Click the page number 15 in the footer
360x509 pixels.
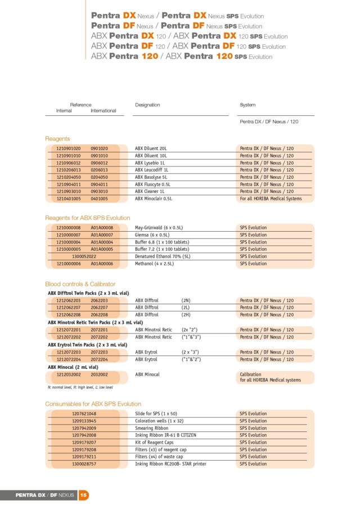[x=83, y=495]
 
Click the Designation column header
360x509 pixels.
[x=147, y=105]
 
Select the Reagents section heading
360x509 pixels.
[x=57, y=138]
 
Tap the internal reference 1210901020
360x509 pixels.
[x=68, y=148]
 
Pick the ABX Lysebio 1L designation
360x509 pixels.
[x=151, y=163]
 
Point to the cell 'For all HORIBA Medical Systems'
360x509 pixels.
[x=271, y=199]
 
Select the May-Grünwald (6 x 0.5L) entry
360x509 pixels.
[x=159, y=228]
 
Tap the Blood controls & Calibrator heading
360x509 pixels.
[x=80, y=284]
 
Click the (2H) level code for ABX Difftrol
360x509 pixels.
[x=187, y=315]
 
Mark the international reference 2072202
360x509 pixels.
[x=100, y=337]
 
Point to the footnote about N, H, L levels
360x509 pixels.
[x=80, y=388]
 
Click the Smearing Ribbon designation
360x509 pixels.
[x=151, y=428]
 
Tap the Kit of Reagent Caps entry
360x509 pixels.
[x=155, y=443]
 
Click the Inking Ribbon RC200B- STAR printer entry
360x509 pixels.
[x=170, y=464]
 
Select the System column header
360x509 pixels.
[x=247, y=105]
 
